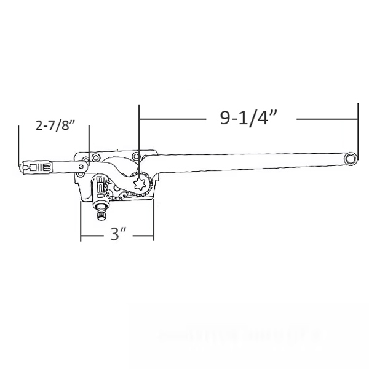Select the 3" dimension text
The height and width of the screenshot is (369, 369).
click(118, 234)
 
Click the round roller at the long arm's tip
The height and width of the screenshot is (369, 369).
click(350, 158)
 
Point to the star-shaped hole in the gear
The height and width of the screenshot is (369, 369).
click(141, 183)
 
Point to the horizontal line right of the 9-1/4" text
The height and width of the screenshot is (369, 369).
click(326, 117)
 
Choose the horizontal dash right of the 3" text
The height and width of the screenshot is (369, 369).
click(143, 235)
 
